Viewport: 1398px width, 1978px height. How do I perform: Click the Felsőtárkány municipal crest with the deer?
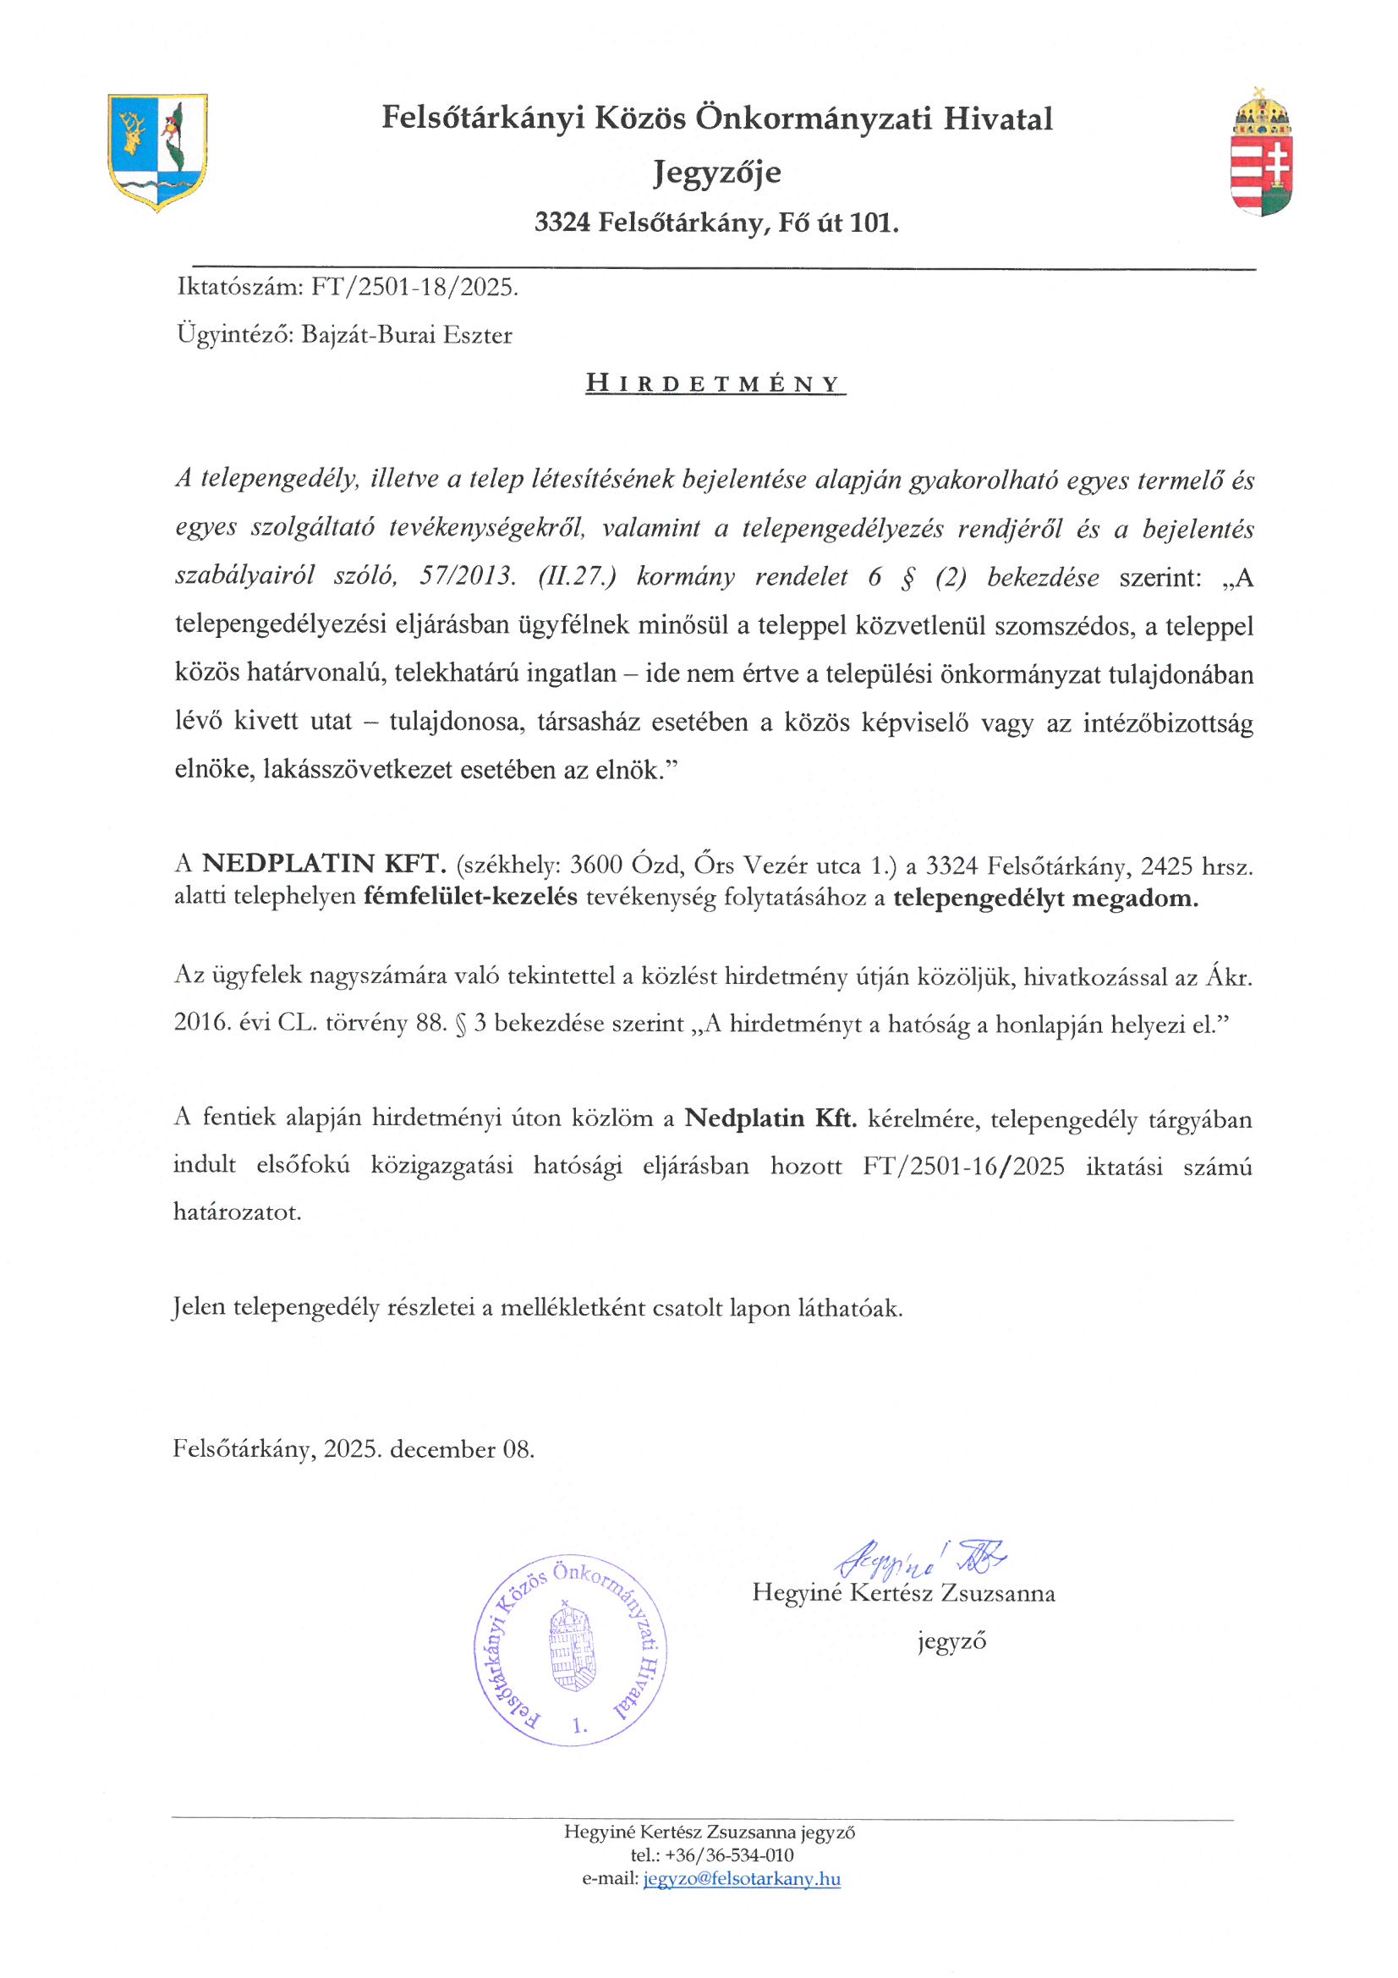click(156, 151)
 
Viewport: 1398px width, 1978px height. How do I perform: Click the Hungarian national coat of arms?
click(1261, 153)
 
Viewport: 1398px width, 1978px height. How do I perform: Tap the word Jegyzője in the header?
click(716, 173)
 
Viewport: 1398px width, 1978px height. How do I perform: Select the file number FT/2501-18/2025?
click(414, 287)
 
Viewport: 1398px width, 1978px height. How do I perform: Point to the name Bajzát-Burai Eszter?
click(407, 335)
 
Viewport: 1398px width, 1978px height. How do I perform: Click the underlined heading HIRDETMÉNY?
click(715, 384)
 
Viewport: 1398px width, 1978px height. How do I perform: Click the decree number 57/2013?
click(468, 576)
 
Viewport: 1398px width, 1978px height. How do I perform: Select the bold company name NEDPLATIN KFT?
click(324, 864)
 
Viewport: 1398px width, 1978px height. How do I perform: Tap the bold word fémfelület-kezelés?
click(470, 897)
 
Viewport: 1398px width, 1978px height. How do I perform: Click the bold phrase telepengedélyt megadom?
click(1044, 898)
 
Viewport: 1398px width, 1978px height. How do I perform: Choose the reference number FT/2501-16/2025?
click(963, 1167)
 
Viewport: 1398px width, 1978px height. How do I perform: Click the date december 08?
click(462, 1449)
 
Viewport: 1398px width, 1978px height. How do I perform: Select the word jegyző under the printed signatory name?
click(951, 1641)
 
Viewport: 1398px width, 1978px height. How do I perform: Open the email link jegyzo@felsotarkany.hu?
click(741, 1879)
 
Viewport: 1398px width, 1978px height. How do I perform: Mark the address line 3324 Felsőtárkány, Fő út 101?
click(715, 223)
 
